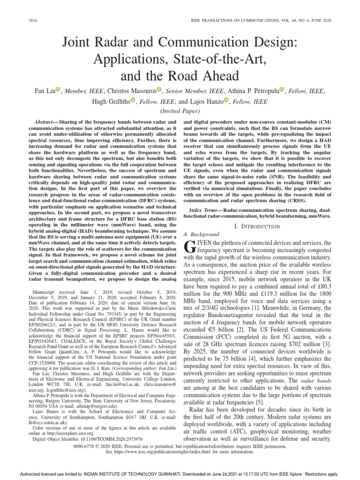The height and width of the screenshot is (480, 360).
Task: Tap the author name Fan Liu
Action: (x=44, y=90)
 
